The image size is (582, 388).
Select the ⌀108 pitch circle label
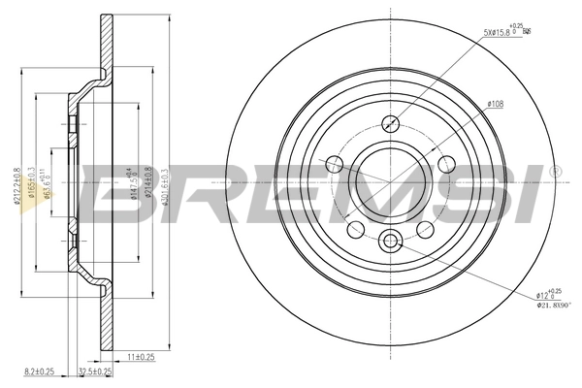tap(494, 103)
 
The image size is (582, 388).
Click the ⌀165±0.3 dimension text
tap(34, 183)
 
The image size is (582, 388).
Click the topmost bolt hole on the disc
tap(391, 123)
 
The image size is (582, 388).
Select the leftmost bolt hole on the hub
tap(335, 163)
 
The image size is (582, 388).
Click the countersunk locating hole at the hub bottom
tap(391, 240)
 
